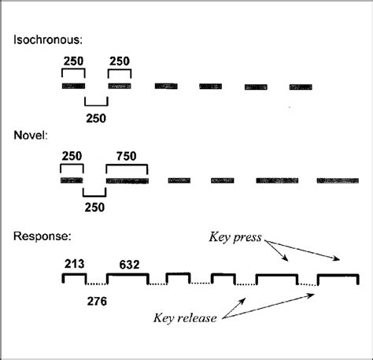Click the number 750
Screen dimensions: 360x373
(127, 156)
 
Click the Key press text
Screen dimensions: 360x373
(234, 236)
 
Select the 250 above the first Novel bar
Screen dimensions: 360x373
(72, 156)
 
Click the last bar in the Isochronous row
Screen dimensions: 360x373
(301, 85)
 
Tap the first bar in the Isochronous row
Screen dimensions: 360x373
(73, 85)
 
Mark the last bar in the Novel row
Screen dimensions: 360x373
(337, 180)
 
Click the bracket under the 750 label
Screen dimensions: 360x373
(127, 167)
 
